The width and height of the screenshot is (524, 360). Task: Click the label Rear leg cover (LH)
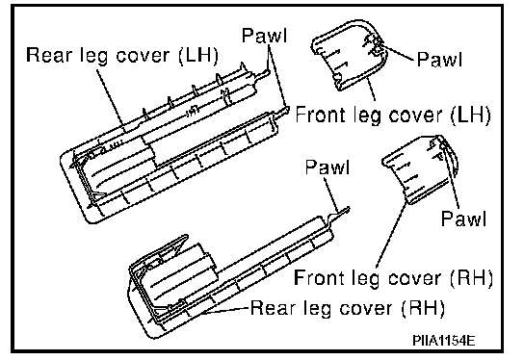pos(122,55)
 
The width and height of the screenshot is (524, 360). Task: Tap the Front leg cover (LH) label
pos(393,115)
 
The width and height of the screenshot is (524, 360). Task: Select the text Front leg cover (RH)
pos(393,278)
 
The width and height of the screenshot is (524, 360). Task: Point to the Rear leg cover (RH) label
pos(348,308)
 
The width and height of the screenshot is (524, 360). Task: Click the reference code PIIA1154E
pos(443,341)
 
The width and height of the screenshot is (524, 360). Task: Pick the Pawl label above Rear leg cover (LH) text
pos(264,35)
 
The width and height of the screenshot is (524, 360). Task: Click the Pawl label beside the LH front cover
pos(440,59)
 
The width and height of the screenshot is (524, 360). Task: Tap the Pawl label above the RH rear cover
pos(327,167)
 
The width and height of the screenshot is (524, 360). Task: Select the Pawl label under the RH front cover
pos(464,219)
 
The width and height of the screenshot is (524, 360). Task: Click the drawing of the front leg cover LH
pos(348,55)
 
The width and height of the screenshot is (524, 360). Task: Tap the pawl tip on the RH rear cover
pos(347,210)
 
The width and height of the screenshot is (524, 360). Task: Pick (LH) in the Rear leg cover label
pos(198,55)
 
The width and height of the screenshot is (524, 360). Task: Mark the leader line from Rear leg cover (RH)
pos(224,311)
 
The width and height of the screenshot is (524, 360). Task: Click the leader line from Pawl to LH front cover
pos(398,53)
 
